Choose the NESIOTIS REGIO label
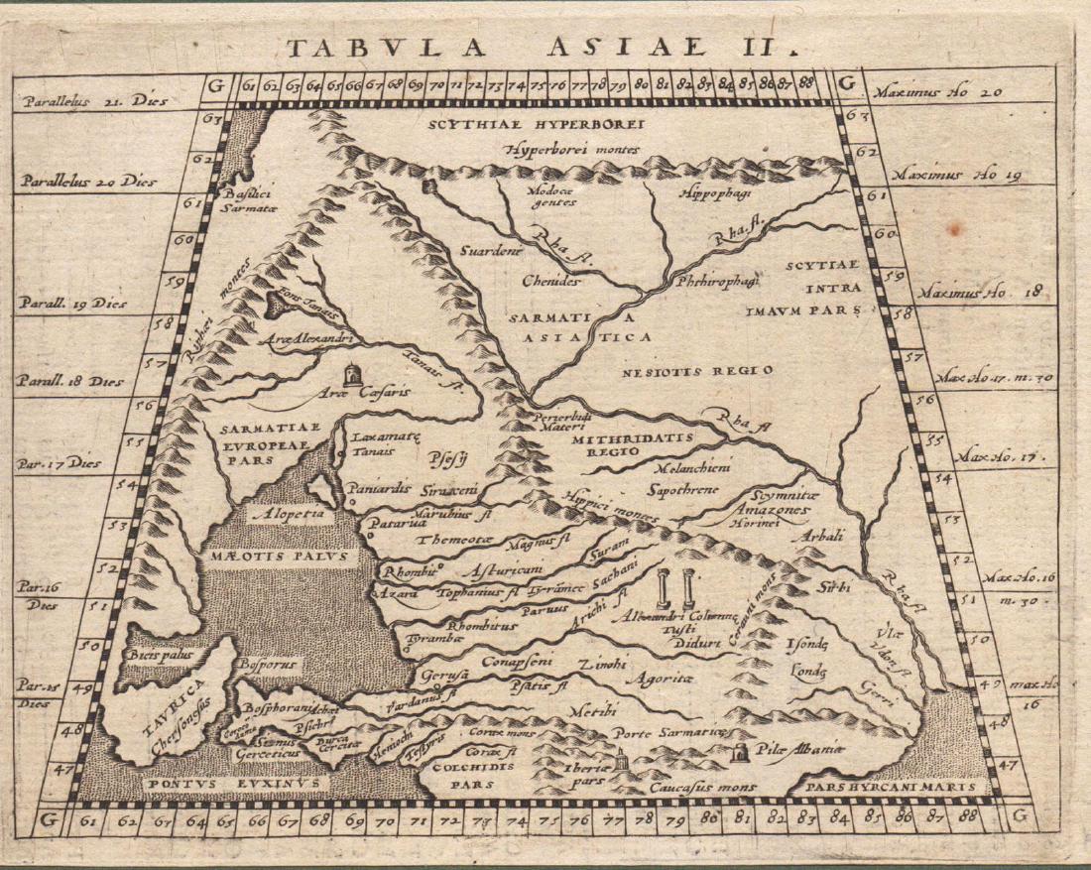(697, 370)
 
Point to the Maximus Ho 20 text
(934, 93)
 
